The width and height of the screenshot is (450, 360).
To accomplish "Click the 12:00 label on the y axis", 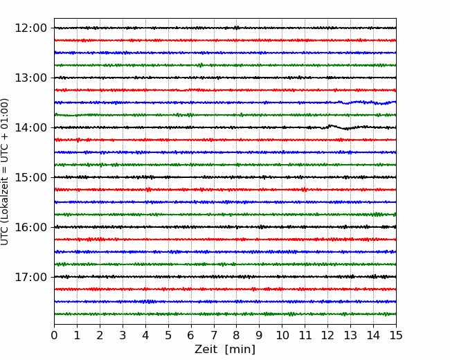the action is (30, 28).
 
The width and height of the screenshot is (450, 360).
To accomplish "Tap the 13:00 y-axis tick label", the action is (30, 78).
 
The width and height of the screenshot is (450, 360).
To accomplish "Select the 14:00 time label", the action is (30, 127).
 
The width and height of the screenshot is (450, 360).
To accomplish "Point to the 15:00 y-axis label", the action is (30, 177).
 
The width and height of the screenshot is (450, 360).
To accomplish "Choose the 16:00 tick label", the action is (30, 227).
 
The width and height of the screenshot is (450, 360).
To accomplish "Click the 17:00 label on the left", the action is (30, 277).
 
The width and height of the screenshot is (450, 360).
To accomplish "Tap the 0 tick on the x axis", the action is (54, 335).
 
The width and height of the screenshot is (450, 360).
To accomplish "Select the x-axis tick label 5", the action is (168, 335).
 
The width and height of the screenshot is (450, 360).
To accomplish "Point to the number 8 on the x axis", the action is (237, 335).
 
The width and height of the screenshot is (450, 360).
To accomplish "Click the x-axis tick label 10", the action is (282, 335).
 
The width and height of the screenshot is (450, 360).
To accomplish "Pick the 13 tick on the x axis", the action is (350, 335).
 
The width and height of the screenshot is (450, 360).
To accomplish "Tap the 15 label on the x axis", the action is (396, 335).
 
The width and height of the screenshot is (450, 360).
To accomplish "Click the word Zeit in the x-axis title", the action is (206, 349).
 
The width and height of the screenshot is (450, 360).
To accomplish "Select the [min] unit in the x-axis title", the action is (240, 350).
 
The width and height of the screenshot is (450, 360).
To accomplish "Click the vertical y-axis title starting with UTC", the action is (5, 172).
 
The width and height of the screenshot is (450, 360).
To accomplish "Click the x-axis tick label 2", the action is (100, 335).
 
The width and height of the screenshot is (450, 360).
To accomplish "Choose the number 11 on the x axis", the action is (305, 335).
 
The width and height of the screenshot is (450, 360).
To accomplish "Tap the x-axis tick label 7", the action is (214, 335).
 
